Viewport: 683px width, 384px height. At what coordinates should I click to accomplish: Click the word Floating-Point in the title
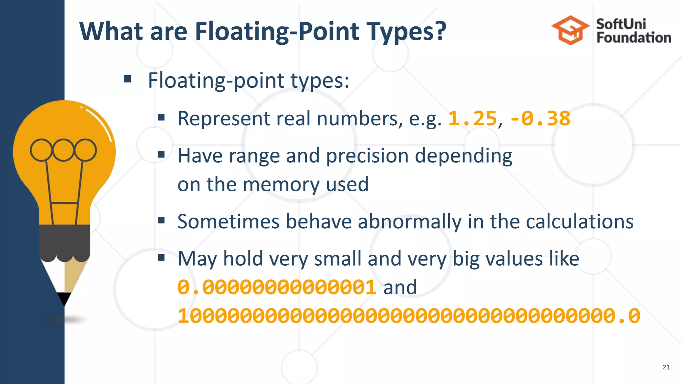(x=277, y=32)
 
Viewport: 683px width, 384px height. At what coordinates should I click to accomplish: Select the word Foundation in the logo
(x=634, y=38)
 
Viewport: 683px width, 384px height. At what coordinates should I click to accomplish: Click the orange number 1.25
(x=472, y=119)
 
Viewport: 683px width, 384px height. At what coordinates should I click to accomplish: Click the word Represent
(x=224, y=119)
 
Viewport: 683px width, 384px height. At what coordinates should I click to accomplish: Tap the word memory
(x=281, y=184)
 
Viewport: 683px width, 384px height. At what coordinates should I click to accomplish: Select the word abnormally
(x=410, y=221)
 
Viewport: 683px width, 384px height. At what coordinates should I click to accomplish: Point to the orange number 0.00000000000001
(x=277, y=287)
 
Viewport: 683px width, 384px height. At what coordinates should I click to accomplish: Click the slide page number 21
(x=666, y=367)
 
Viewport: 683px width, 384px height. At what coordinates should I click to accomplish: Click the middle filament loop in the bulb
(x=63, y=150)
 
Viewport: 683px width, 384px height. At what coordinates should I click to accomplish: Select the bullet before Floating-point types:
(x=127, y=79)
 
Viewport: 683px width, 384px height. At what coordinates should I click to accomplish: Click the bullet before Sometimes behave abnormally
(x=161, y=220)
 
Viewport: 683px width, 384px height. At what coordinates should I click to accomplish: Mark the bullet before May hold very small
(x=161, y=257)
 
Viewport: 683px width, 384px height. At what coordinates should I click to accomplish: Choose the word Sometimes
(x=228, y=221)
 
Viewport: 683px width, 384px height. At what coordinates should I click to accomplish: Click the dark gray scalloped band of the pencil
(x=64, y=242)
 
